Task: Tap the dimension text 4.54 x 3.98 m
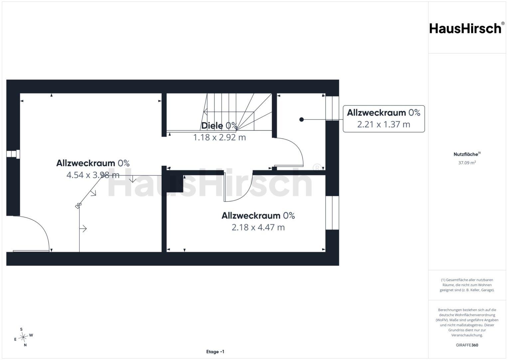(x=93, y=175)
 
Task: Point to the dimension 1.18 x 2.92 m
(x=219, y=137)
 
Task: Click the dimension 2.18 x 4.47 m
(x=258, y=227)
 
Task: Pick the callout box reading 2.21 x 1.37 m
(x=384, y=119)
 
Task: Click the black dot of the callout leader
(x=301, y=120)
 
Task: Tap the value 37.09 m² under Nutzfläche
(x=467, y=163)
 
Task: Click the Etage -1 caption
(x=215, y=352)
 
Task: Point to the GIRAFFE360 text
(x=467, y=345)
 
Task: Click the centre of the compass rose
(x=23, y=337)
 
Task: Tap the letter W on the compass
(x=31, y=335)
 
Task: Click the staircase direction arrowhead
(x=205, y=112)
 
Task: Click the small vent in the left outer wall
(x=13, y=154)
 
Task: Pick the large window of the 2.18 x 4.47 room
(x=332, y=213)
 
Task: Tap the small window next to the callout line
(x=332, y=108)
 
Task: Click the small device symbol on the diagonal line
(x=78, y=206)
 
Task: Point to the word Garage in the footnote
(x=487, y=290)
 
